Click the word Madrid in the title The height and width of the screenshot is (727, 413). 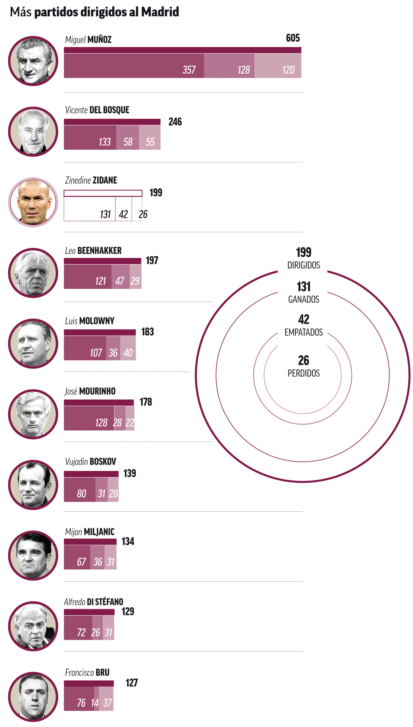coord(160,12)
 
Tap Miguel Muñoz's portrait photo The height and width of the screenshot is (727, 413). coord(33,61)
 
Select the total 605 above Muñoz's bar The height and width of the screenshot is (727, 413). coord(293,38)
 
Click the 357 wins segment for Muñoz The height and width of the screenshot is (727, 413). coord(134,66)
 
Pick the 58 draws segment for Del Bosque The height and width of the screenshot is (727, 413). coord(128,138)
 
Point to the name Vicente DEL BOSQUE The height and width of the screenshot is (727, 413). coord(97,110)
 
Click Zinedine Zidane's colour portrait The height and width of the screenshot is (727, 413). coord(33,202)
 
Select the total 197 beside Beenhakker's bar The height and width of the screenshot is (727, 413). coord(152,260)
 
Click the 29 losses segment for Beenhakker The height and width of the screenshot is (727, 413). coord(135,277)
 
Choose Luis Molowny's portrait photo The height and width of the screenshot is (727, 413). coord(33,343)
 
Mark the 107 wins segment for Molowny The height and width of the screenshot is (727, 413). coord(85,348)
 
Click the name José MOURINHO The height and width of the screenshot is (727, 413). coord(90,391)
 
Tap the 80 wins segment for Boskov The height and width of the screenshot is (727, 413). coord(80,490)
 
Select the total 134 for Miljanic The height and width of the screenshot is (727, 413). coord(128,541)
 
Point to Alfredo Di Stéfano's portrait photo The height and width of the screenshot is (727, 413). coord(33,626)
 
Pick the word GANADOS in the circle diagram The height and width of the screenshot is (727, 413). coord(303,299)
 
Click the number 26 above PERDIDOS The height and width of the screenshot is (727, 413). coord(303,360)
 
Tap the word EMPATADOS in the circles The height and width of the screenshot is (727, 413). coord(303,332)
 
